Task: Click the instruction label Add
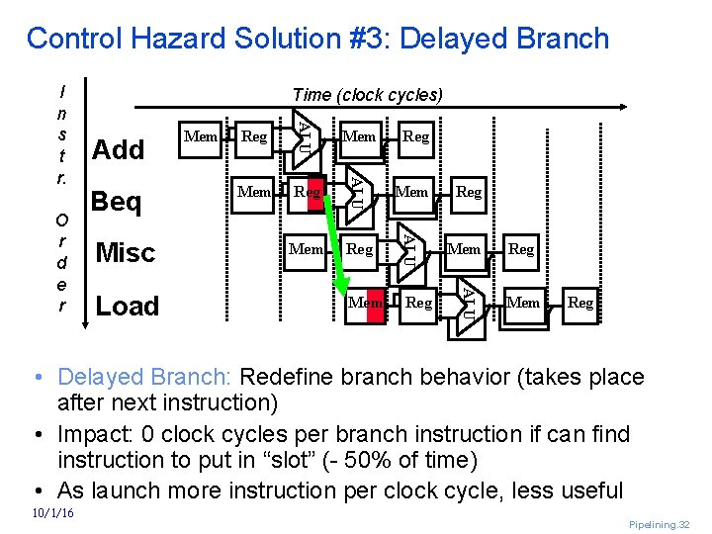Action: [118, 149]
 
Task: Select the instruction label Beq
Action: [116, 202]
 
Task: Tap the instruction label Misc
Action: [125, 253]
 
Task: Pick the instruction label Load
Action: [127, 307]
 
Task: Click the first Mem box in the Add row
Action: [202, 136]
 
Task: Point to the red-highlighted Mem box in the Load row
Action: [365, 303]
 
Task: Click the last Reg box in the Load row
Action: [580, 303]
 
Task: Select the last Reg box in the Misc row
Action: [521, 249]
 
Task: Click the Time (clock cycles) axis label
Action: [368, 95]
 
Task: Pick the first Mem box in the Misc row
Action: [307, 249]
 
